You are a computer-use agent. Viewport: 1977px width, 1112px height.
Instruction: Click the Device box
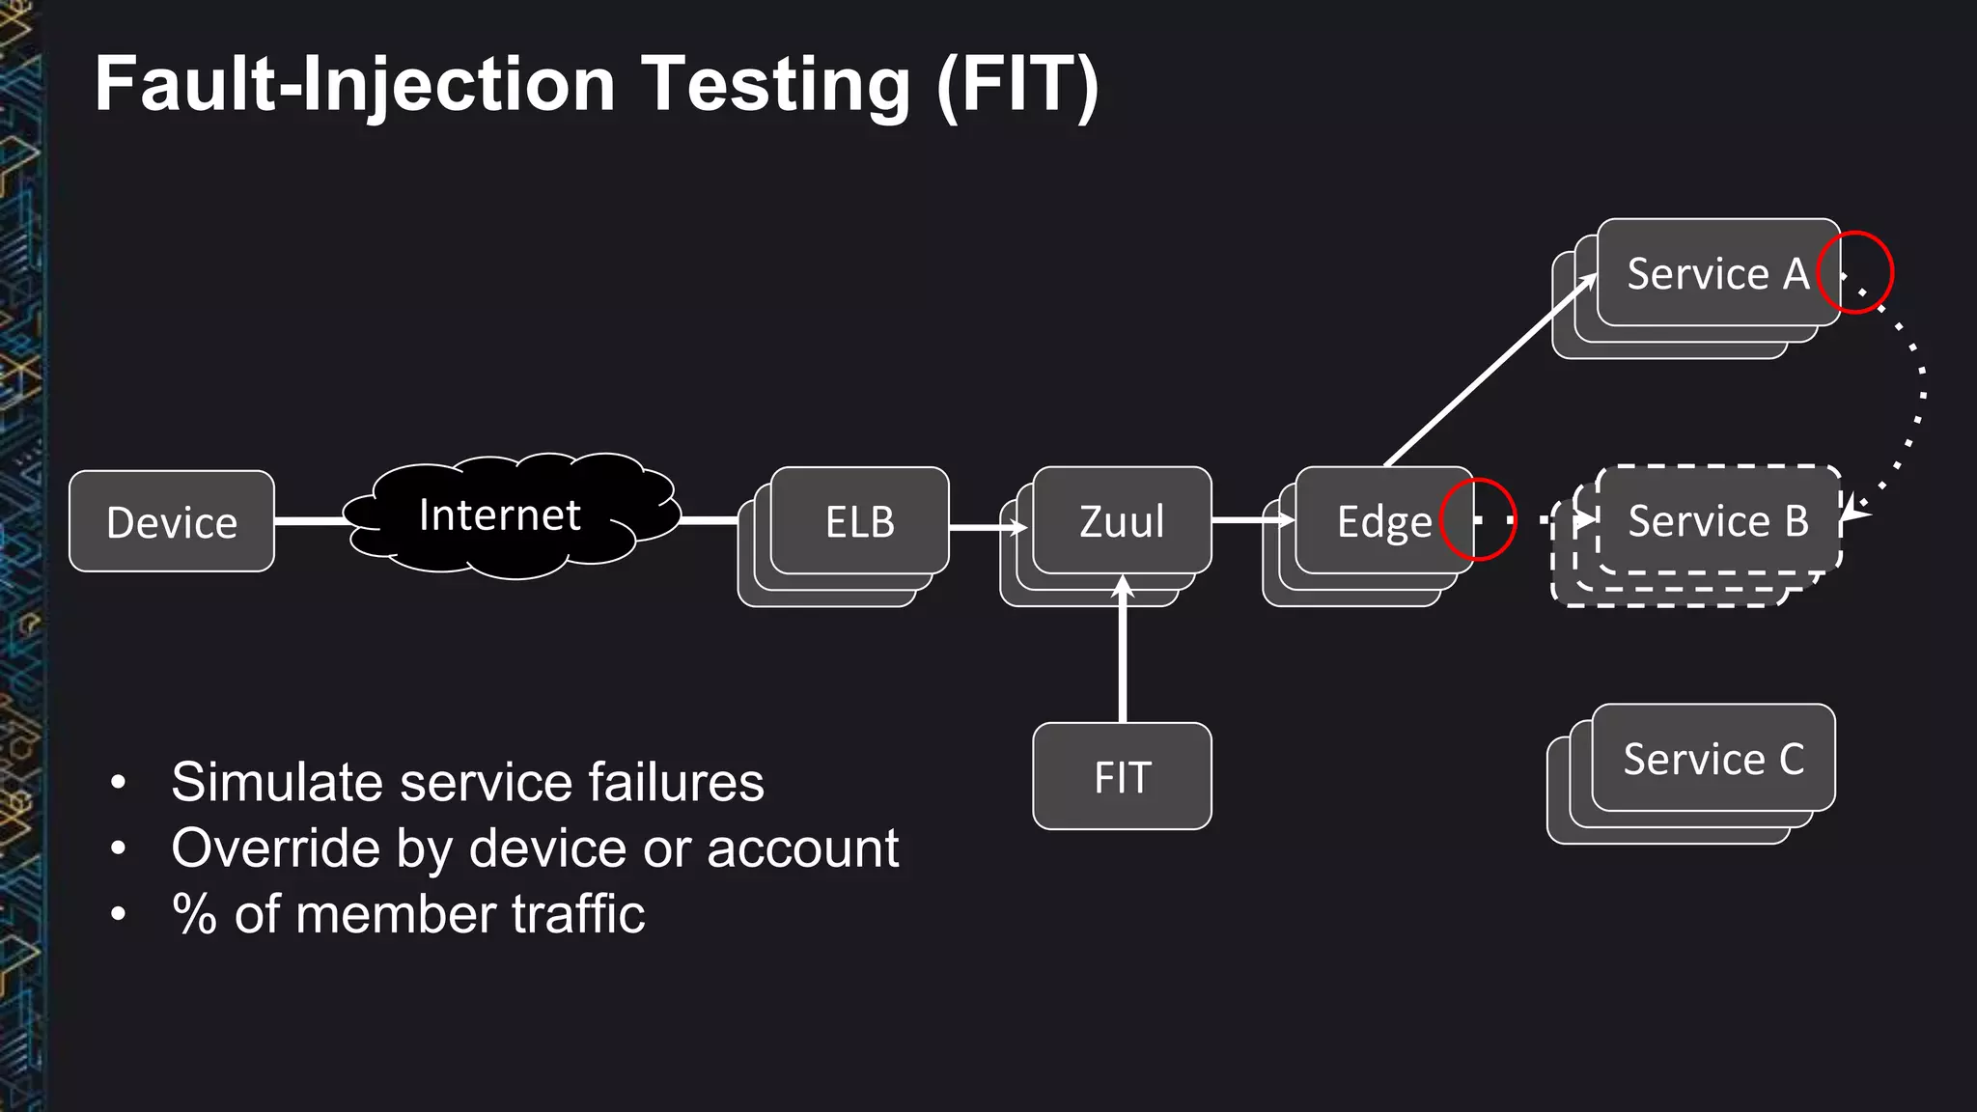[172, 521]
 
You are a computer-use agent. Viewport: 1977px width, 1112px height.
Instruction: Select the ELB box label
[860, 522]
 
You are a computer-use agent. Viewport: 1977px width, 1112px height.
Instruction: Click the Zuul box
[1122, 520]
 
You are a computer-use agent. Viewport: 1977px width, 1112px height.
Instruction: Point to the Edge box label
[1383, 522]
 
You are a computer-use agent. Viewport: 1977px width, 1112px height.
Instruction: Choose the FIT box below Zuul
[1122, 776]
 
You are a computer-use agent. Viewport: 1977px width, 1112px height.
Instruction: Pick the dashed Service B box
[1718, 521]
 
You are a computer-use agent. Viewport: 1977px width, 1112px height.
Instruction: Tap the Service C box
[1712, 759]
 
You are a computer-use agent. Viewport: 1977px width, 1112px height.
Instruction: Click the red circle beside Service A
[1855, 273]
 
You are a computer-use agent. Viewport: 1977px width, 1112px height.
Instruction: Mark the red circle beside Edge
[1478, 519]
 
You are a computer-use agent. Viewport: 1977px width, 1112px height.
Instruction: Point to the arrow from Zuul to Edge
[1252, 519]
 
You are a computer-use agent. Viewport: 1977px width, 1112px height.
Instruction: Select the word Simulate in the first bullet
[274, 782]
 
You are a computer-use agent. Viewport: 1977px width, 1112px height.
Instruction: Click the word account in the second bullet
[802, 848]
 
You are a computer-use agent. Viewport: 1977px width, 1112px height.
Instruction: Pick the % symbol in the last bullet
[194, 913]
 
